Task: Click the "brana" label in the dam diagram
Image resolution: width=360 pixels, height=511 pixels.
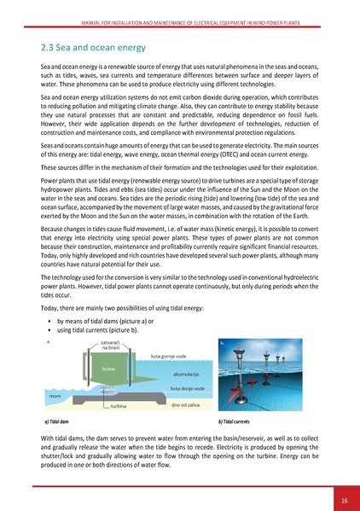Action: [108, 369]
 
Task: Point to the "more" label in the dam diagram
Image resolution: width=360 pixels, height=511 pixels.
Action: [55, 396]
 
